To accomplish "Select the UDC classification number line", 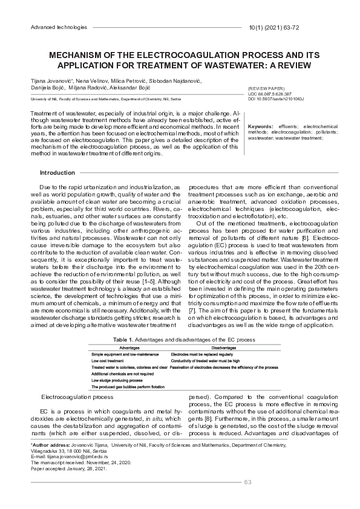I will pyautogui.click(x=270, y=94).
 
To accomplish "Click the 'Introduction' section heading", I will pyautogui.click(x=57, y=173).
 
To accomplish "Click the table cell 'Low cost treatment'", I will pyautogui.click(x=108, y=360).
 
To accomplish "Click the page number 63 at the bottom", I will pyautogui.click(x=247, y=482).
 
